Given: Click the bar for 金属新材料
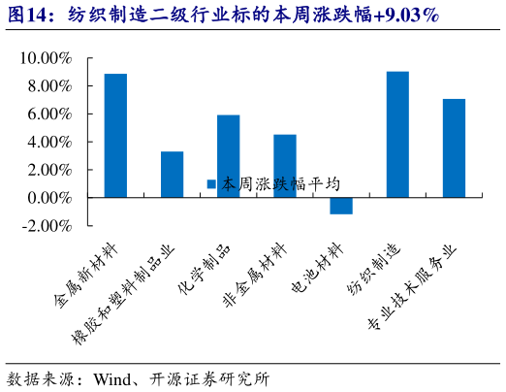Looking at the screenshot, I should coord(115,135).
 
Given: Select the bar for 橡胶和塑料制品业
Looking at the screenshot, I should coord(172,174).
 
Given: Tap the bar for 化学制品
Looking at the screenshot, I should coord(228,155).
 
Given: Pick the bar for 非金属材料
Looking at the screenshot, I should coord(284,165).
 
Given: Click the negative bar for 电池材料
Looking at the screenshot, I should coord(340,205).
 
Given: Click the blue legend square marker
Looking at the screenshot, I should coord(211,183).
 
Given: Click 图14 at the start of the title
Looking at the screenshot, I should coord(27,15).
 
